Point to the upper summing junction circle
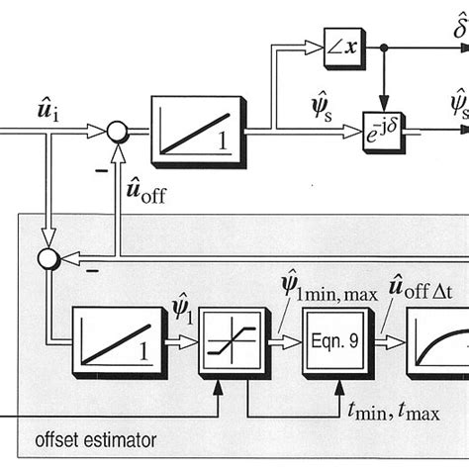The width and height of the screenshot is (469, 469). [x=116, y=128]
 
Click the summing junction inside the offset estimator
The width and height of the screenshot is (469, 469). [x=46, y=259]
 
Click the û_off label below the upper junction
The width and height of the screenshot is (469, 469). [x=145, y=187]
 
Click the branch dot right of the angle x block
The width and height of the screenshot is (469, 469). [x=386, y=47]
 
